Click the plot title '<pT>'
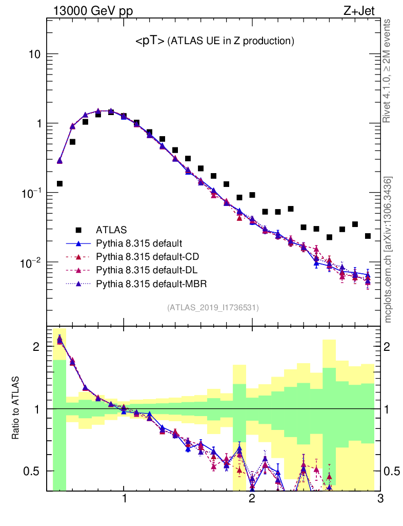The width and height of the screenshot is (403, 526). click(x=150, y=41)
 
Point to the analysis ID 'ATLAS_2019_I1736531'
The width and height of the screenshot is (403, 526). click(x=213, y=308)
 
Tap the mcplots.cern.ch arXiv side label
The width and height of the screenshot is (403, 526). click(x=388, y=249)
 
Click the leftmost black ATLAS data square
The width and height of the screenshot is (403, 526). click(x=59, y=183)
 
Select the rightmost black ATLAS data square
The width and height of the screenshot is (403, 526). click(x=368, y=236)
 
